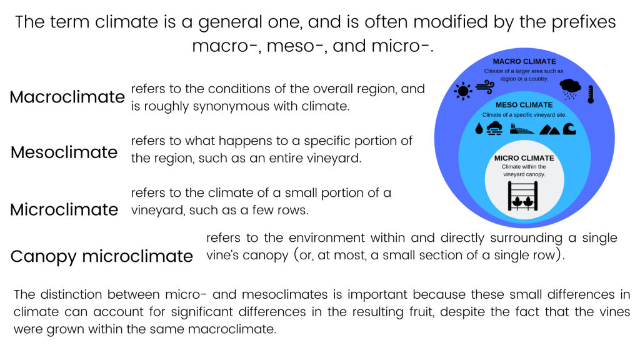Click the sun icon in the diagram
[463, 91]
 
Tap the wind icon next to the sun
[485, 87]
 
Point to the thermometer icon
[591, 94]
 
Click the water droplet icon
[479, 128]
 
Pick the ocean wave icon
[569, 129]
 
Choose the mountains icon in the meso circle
[550, 130]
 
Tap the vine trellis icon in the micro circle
[523, 196]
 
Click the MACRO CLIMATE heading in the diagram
[524, 62]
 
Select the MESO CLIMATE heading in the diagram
[524, 105]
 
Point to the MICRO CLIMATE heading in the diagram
[524, 158]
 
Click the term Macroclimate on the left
[67, 97]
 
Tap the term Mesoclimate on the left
[64, 152]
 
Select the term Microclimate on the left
[64, 210]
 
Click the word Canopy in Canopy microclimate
[43, 257]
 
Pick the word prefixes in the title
[584, 22]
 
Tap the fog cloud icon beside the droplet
[495, 128]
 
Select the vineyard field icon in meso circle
[522, 129]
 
